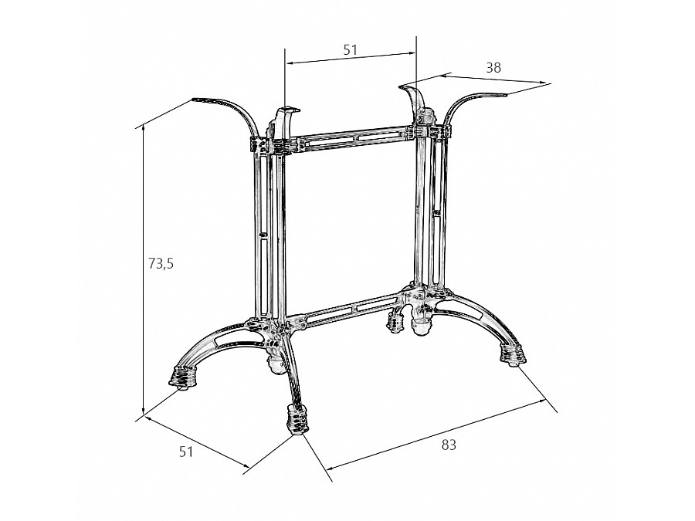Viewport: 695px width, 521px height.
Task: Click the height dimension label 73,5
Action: (161, 264)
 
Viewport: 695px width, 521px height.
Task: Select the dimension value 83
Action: (449, 445)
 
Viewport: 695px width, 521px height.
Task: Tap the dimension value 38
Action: (493, 67)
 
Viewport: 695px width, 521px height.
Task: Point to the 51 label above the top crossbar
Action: (350, 49)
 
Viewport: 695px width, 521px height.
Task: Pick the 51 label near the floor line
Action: (186, 452)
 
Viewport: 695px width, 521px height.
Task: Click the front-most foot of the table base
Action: (297, 419)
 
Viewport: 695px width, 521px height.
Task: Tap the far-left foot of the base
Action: (181, 378)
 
